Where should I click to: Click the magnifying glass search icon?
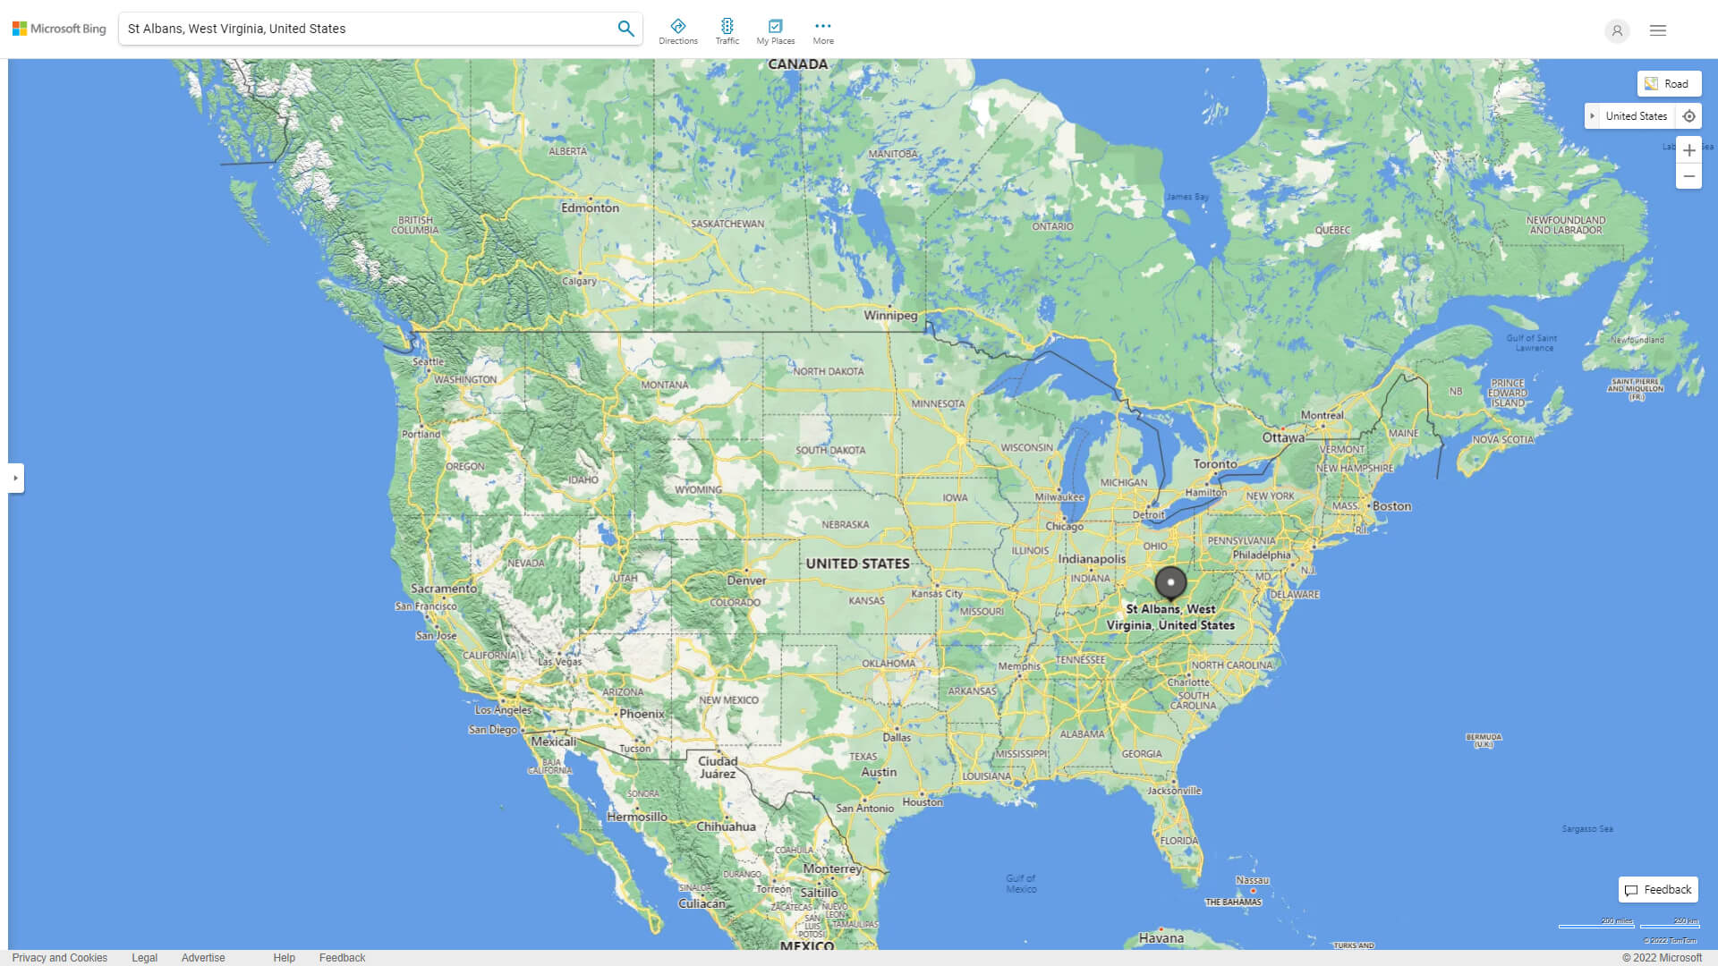[x=625, y=29]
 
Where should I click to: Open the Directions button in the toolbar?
[x=678, y=31]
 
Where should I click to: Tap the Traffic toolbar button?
[x=727, y=31]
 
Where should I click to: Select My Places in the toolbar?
[x=775, y=31]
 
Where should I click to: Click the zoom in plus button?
[x=1688, y=150]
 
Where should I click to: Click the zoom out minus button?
[x=1688, y=176]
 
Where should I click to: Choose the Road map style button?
[x=1669, y=84]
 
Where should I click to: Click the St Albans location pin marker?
[x=1170, y=583]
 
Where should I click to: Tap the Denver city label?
[x=746, y=580]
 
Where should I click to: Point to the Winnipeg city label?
[x=890, y=316]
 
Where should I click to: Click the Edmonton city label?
[x=590, y=208]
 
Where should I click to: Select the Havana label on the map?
[x=1161, y=938]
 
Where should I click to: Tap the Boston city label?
[x=1391, y=506]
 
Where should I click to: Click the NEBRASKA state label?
[x=846, y=525]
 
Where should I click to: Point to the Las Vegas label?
[x=559, y=662]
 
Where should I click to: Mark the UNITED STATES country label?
[x=857, y=563]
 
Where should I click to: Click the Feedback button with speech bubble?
[x=1658, y=890]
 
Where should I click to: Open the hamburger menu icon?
[x=1658, y=30]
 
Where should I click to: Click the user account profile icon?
[x=1617, y=30]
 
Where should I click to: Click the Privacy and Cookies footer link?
[x=60, y=958]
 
